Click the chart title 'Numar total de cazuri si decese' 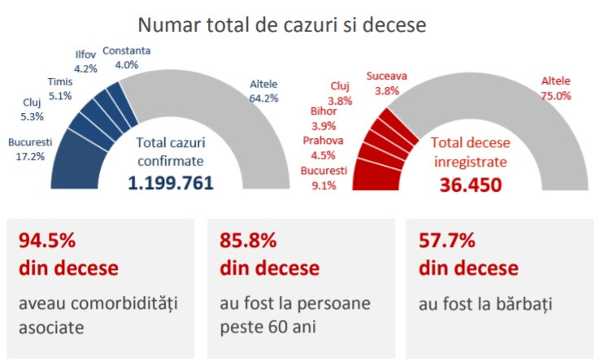click(281, 24)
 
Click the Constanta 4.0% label click(127, 58)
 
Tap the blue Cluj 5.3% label click(35, 109)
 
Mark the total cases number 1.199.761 click(171, 183)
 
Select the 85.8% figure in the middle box click(248, 241)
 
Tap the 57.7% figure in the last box click(446, 241)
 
